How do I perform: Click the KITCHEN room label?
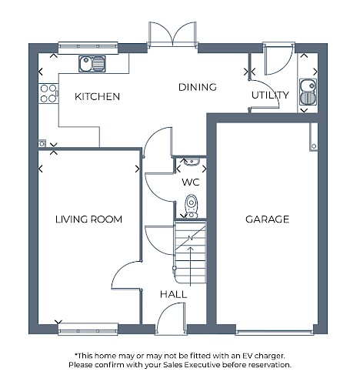click(97, 96)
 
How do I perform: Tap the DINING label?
click(198, 87)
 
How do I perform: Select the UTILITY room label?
click(270, 95)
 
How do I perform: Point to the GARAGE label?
click(267, 219)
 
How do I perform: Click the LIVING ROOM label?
click(88, 219)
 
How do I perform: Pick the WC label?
click(191, 182)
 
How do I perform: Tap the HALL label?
click(173, 294)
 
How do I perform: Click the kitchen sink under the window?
click(92, 64)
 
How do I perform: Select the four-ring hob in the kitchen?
click(48, 94)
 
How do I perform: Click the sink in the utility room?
click(308, 92)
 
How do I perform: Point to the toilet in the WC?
click(192, 206)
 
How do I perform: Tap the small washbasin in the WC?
click(192, 162)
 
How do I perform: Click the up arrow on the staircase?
click(191, 266)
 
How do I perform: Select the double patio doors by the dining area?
click(173, 35)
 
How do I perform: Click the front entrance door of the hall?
click(171, 318)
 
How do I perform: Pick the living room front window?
click(88, 330)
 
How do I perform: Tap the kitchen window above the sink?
click(88, 48)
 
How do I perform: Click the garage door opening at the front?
click(275, 333)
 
